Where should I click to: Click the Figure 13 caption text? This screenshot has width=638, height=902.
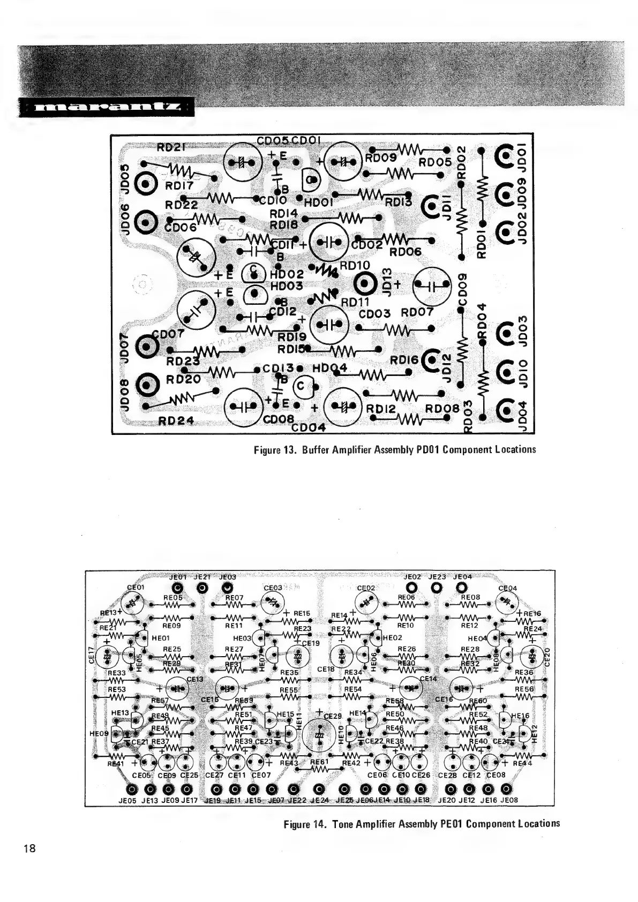pyautogui.click(x=395, y=449)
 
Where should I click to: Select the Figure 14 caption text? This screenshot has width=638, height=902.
pyautogui.click(x=422, y=823)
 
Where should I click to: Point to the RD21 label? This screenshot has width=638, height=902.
pyautogui.click(x=170, y=146)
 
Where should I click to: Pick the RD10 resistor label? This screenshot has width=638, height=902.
pyautogui.click(x=355, y=266)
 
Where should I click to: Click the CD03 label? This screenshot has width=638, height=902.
pyautogui.click(x=375, y=313)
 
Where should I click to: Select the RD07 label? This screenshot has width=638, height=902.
pyautogui.click(x=417, y=312)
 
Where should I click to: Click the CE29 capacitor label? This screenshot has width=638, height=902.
pyautogui.click(x=332, y=716)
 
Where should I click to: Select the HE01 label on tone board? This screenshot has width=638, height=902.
pyautogui.click(x=161, y=638)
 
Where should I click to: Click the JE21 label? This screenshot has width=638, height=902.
pyautogui.click(x=201, y=577)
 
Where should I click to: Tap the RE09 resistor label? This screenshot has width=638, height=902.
pyautogui.click(x=171, y=625)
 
